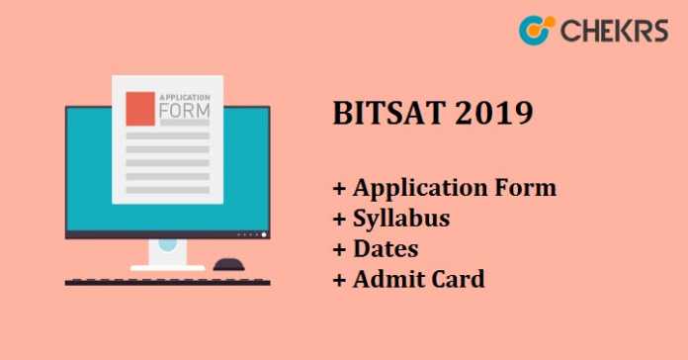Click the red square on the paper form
point(140,109)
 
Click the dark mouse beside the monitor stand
point(229,264)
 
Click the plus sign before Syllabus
point(339,219)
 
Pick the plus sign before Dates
point(339,249)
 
